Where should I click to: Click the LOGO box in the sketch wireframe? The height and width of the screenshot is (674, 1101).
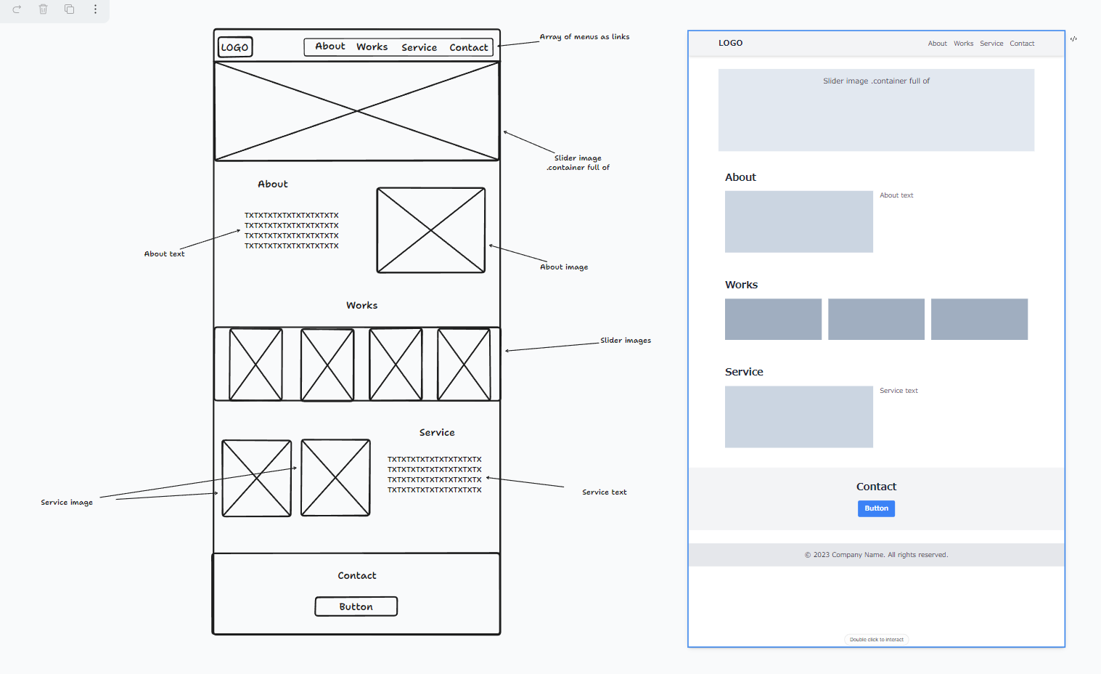(x=235, y=47)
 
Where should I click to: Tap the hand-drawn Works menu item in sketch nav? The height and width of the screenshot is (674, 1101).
(x=372, y=46)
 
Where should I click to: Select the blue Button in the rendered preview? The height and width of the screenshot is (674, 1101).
(x=876, y=508)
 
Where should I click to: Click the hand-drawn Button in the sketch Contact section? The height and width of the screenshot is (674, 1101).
(x=356, y=606)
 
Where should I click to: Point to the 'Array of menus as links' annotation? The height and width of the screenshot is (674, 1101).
(x=584, y=36)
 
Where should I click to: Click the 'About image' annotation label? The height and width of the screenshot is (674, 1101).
(x=564, y=267)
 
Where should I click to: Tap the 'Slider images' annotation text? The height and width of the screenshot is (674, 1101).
(x=625, y=340)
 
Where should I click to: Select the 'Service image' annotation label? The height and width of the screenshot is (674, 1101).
(x=67, y=502)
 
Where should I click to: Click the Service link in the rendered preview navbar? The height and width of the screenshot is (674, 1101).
(x=991, y=44)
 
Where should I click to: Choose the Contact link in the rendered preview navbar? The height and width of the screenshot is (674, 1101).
(x=1022, y=44)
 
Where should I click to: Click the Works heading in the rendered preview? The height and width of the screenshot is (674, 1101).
(x=741, y=285)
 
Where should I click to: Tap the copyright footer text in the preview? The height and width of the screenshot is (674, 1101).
(x=876, y=555)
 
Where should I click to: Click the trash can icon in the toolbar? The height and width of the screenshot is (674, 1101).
(x=43, y=9)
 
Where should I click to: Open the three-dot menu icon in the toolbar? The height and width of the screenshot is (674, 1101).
(x=95, y=9)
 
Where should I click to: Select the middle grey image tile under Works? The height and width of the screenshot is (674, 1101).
(x=876, y=319)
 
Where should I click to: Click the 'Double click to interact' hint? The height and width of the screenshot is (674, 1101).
(x=876, y=640)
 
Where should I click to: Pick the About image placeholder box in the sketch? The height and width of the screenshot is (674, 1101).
(x=431, y=230)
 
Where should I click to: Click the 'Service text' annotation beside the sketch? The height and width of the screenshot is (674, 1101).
(x=604, y=492)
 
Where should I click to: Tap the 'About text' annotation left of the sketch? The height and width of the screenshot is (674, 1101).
(x=164, y=254)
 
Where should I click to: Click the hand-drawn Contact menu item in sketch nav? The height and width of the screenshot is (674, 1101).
(x=469, y=47)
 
